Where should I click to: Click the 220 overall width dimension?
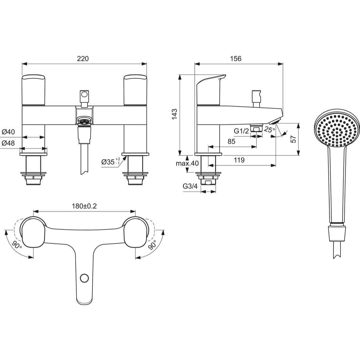pos(83,58)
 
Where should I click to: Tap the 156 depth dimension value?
pos(236,58)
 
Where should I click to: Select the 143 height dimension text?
pos(174,114)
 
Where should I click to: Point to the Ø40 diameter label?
pos(8,132)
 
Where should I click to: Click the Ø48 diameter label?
pos(8,143)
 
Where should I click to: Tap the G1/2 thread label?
pos(241,131)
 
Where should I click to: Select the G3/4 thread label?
pos(190,186)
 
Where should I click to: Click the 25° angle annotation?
pos(270,130)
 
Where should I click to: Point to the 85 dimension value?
pos(231,141)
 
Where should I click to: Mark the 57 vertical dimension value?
pos(293,139)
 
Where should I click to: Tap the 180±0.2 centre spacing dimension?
pos(84,206)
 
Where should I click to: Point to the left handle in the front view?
pos(34,90)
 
